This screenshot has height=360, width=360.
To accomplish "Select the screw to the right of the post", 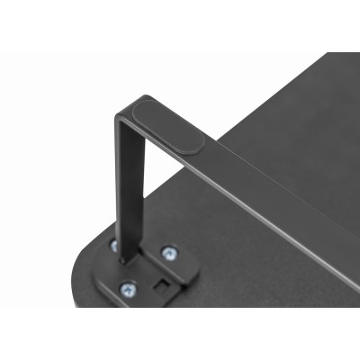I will tap(168, 254).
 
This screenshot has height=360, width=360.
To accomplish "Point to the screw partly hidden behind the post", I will tap(115, 244).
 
